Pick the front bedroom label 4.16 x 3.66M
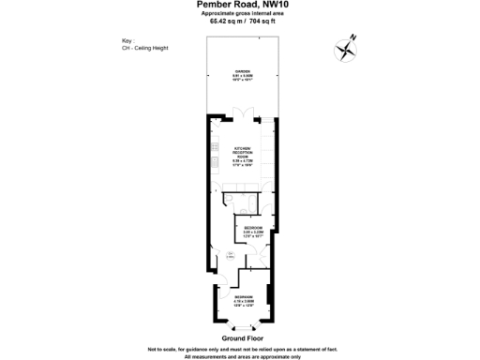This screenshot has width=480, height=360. [244, 302]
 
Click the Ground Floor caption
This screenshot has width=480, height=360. [241, 337]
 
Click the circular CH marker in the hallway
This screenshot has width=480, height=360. [229, 255]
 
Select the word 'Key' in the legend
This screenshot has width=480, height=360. [127, 40]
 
